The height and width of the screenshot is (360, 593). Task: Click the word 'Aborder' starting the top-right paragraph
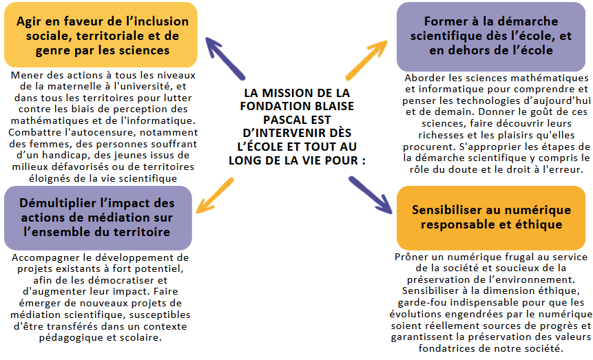[426, 77]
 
